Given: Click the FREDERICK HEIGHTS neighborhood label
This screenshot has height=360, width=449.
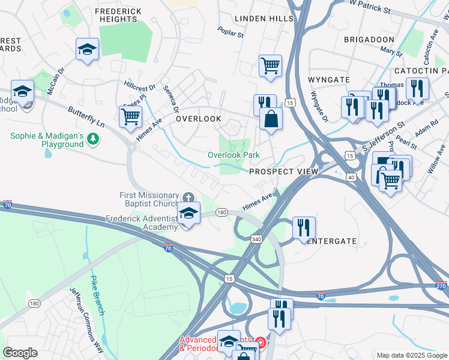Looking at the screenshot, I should (118, 15).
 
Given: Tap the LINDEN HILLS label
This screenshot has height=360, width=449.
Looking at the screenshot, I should (264, 19).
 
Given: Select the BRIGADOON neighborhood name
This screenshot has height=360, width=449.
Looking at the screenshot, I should (369, 39).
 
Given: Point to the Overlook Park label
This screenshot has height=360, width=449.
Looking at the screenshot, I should (234, 155).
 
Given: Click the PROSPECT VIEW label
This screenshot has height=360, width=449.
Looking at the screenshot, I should (283, 172).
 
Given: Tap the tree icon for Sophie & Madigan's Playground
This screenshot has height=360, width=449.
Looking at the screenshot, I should (92, 140).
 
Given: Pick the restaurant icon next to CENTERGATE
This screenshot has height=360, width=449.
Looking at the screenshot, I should (304, 227).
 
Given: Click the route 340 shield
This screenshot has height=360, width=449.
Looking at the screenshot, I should (257, 239).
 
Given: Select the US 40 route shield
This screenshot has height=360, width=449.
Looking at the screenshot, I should (351, 176).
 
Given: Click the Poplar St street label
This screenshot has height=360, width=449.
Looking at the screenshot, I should (231, 31).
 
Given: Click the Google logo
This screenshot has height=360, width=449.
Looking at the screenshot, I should (20, 353).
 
